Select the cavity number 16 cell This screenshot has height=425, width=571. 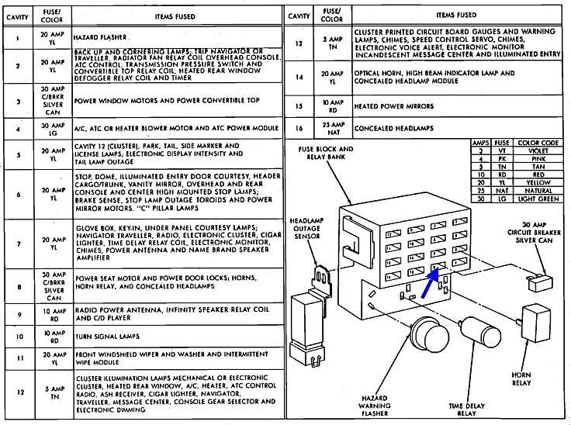click(299, 127)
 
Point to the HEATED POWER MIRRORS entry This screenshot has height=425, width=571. click(393, 106)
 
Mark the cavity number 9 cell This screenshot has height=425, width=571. click(16, 315)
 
